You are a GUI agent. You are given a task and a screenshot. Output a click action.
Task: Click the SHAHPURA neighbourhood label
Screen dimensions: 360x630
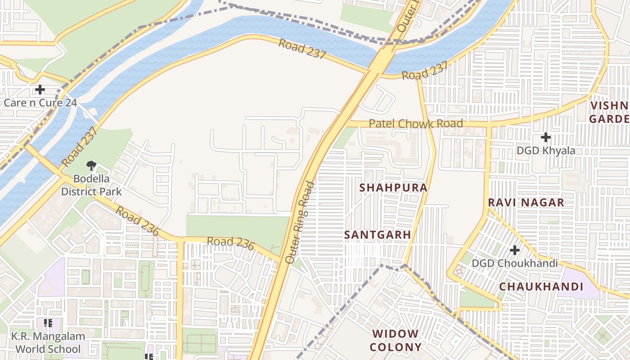(x=393, y=188)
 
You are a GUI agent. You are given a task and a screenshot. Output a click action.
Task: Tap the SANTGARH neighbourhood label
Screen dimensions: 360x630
(x=378, y=235)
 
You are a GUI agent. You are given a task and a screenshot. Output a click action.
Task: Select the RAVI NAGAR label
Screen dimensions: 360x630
(x=526, y=202)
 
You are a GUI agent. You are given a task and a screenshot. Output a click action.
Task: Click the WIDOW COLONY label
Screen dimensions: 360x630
(x=396, y=340)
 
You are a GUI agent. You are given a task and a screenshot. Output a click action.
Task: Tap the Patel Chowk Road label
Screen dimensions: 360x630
(x=416, y=123)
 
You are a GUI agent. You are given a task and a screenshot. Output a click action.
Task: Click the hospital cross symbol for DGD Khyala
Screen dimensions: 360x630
(x=546, y=137)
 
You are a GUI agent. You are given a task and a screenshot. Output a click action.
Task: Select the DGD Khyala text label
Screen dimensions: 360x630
(x=546, y=151)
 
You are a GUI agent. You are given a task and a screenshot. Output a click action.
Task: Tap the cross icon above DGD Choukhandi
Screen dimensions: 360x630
(x=515, y=250)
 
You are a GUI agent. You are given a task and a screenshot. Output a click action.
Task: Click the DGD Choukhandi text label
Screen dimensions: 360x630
(x=515, y=263)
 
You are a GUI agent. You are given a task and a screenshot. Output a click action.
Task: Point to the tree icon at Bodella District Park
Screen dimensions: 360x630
(x=91, y=165)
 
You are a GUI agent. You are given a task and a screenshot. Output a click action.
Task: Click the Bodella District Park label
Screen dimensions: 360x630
(x=91, y=185)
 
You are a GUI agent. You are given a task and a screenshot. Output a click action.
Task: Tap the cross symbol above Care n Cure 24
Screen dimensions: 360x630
(x=40, y=90)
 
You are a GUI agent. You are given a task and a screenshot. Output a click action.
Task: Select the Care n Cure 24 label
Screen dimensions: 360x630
(x=40, y=103)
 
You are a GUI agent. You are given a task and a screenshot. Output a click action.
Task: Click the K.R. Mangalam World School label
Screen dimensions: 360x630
(x=48, y=342)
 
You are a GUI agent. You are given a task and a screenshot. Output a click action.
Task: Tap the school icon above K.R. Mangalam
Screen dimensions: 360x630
(x=48, y=323)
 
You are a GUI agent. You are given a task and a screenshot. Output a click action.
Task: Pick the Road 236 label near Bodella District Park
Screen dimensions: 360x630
(x=137, y=221)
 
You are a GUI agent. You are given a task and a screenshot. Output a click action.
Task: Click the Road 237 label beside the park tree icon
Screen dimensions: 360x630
(x=79, y=147)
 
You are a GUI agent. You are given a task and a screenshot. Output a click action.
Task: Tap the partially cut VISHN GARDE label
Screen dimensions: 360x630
(x=610, y=112)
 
